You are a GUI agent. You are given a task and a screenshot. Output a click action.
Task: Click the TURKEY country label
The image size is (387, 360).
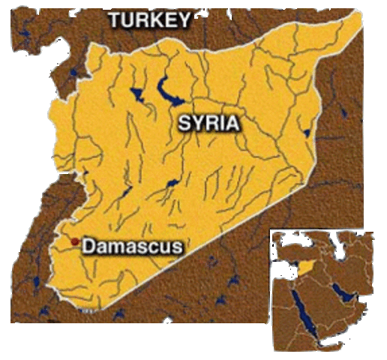pos(151,21)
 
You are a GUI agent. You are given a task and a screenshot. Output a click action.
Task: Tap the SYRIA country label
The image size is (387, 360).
pos(208,123)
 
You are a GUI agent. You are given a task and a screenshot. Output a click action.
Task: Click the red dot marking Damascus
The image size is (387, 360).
pos(74,241)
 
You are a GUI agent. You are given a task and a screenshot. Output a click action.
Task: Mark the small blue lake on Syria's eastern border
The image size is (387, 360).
pos(306,133)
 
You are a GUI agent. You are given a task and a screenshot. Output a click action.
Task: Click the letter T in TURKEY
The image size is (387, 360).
pos(115,21)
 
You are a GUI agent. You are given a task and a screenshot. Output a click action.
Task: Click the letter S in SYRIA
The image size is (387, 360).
pos(184,123)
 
